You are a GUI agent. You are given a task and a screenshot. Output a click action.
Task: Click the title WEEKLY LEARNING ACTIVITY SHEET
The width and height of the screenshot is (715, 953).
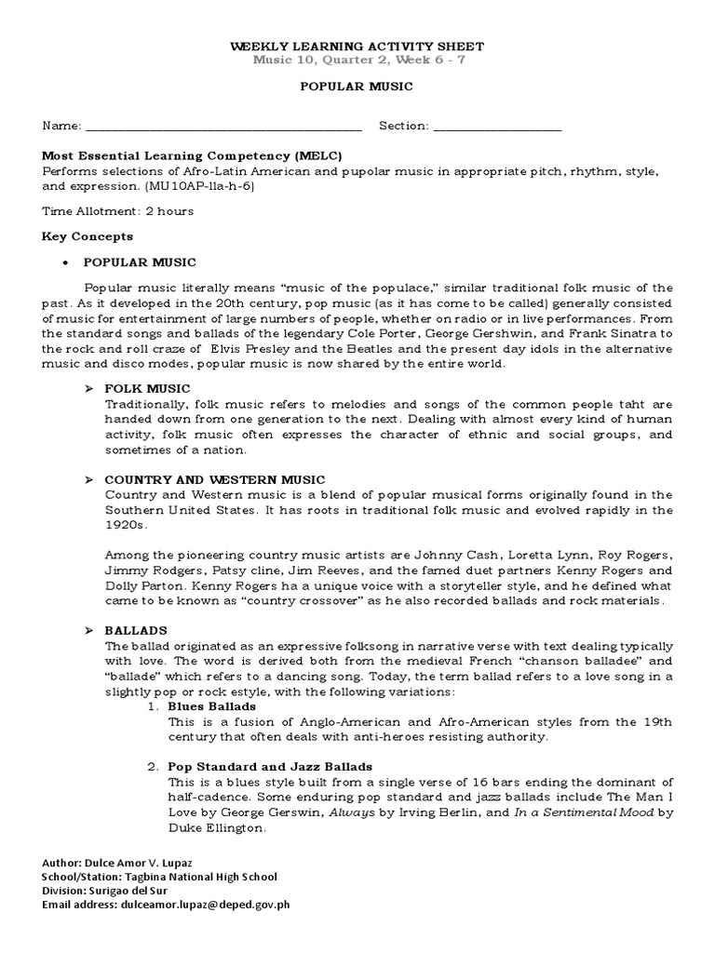click(x=357, y=47)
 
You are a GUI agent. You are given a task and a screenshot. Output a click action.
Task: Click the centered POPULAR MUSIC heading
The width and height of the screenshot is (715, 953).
click(x=357, y=86)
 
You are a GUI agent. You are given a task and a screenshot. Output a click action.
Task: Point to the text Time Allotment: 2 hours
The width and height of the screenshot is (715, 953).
click(x=118, y=211)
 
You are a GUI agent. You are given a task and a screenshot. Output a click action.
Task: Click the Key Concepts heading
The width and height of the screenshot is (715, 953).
click(x=88, y=236)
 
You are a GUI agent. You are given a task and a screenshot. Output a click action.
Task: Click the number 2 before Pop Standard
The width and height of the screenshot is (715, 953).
click(x=152, y=766)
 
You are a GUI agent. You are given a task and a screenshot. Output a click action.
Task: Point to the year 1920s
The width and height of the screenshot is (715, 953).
click(x=125, y=525)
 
